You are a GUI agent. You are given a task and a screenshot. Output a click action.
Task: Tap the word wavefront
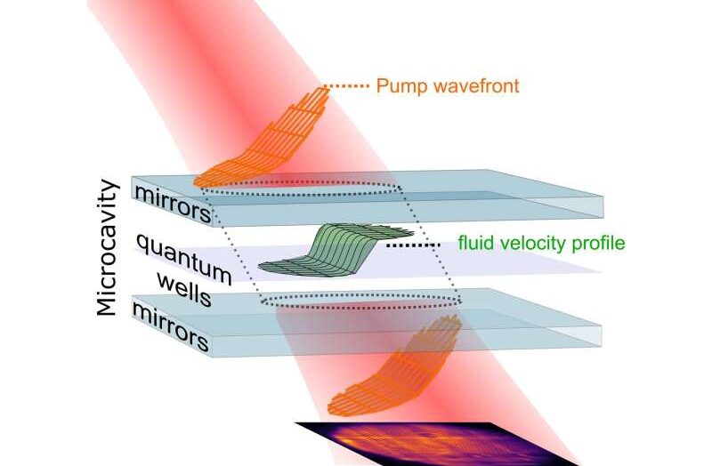click(473, 85)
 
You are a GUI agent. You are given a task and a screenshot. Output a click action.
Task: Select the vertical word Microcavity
click(108, 247)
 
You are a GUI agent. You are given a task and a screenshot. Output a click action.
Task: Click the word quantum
click(184, 259)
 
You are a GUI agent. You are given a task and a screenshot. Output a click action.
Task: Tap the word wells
click(184, 291)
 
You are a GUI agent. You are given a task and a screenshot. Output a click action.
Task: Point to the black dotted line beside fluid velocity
click(413, 245)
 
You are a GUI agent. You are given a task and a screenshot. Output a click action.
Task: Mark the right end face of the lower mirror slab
click(598, 336)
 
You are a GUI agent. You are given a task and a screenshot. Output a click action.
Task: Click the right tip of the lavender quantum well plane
click(602, 272)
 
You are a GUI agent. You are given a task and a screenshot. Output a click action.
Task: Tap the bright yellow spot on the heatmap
click(347, 439)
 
